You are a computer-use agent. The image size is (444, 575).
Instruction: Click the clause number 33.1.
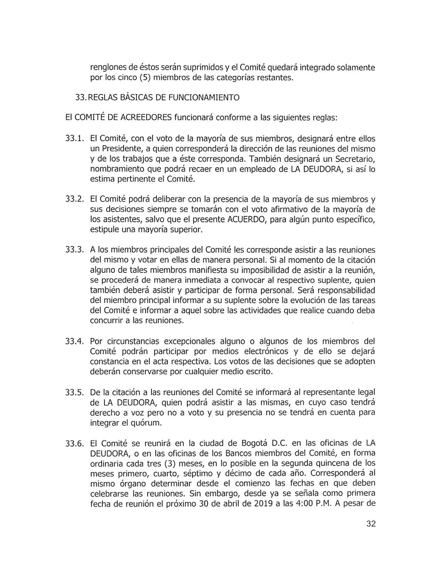pos(74,139)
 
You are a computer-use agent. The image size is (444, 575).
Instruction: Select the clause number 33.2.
pos(74,199)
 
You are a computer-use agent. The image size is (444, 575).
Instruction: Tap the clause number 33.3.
pos(74,250)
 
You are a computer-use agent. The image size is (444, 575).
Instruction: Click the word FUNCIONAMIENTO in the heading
pos(204,98)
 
